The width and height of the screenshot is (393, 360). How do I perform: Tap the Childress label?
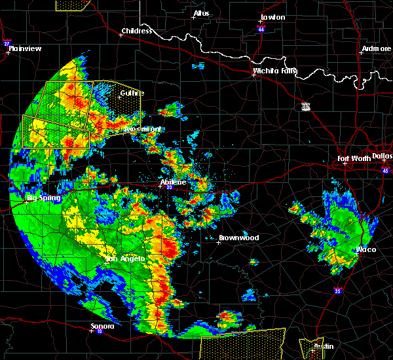(x=137, y=31)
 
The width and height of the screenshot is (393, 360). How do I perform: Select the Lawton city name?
(x=272, y=17)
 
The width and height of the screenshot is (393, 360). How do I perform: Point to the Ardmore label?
(x=376, y=49)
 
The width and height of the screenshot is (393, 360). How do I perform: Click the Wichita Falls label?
(x=275, y=71)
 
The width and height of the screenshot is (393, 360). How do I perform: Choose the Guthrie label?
(x=131, y=93)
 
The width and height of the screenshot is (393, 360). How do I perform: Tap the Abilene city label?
(x=174, y=182)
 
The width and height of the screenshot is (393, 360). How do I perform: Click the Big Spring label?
(x=43, y=198)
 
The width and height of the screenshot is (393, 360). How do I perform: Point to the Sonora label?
(x=102, y=326)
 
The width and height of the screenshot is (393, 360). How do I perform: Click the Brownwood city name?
(x=238, y=238)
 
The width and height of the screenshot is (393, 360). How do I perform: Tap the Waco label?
(x=365, y=250)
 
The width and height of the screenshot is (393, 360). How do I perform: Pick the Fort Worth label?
(x=352, y=158)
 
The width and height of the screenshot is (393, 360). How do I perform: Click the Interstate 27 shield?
(x=7, y=44)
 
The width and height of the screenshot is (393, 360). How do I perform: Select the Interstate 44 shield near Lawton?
(x=261, y=29)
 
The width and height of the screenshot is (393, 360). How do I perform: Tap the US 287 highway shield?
(x=305, y=106)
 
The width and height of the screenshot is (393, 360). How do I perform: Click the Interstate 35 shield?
(x=337, y=291)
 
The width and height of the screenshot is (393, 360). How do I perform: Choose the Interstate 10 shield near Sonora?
(x=98, y=332)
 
